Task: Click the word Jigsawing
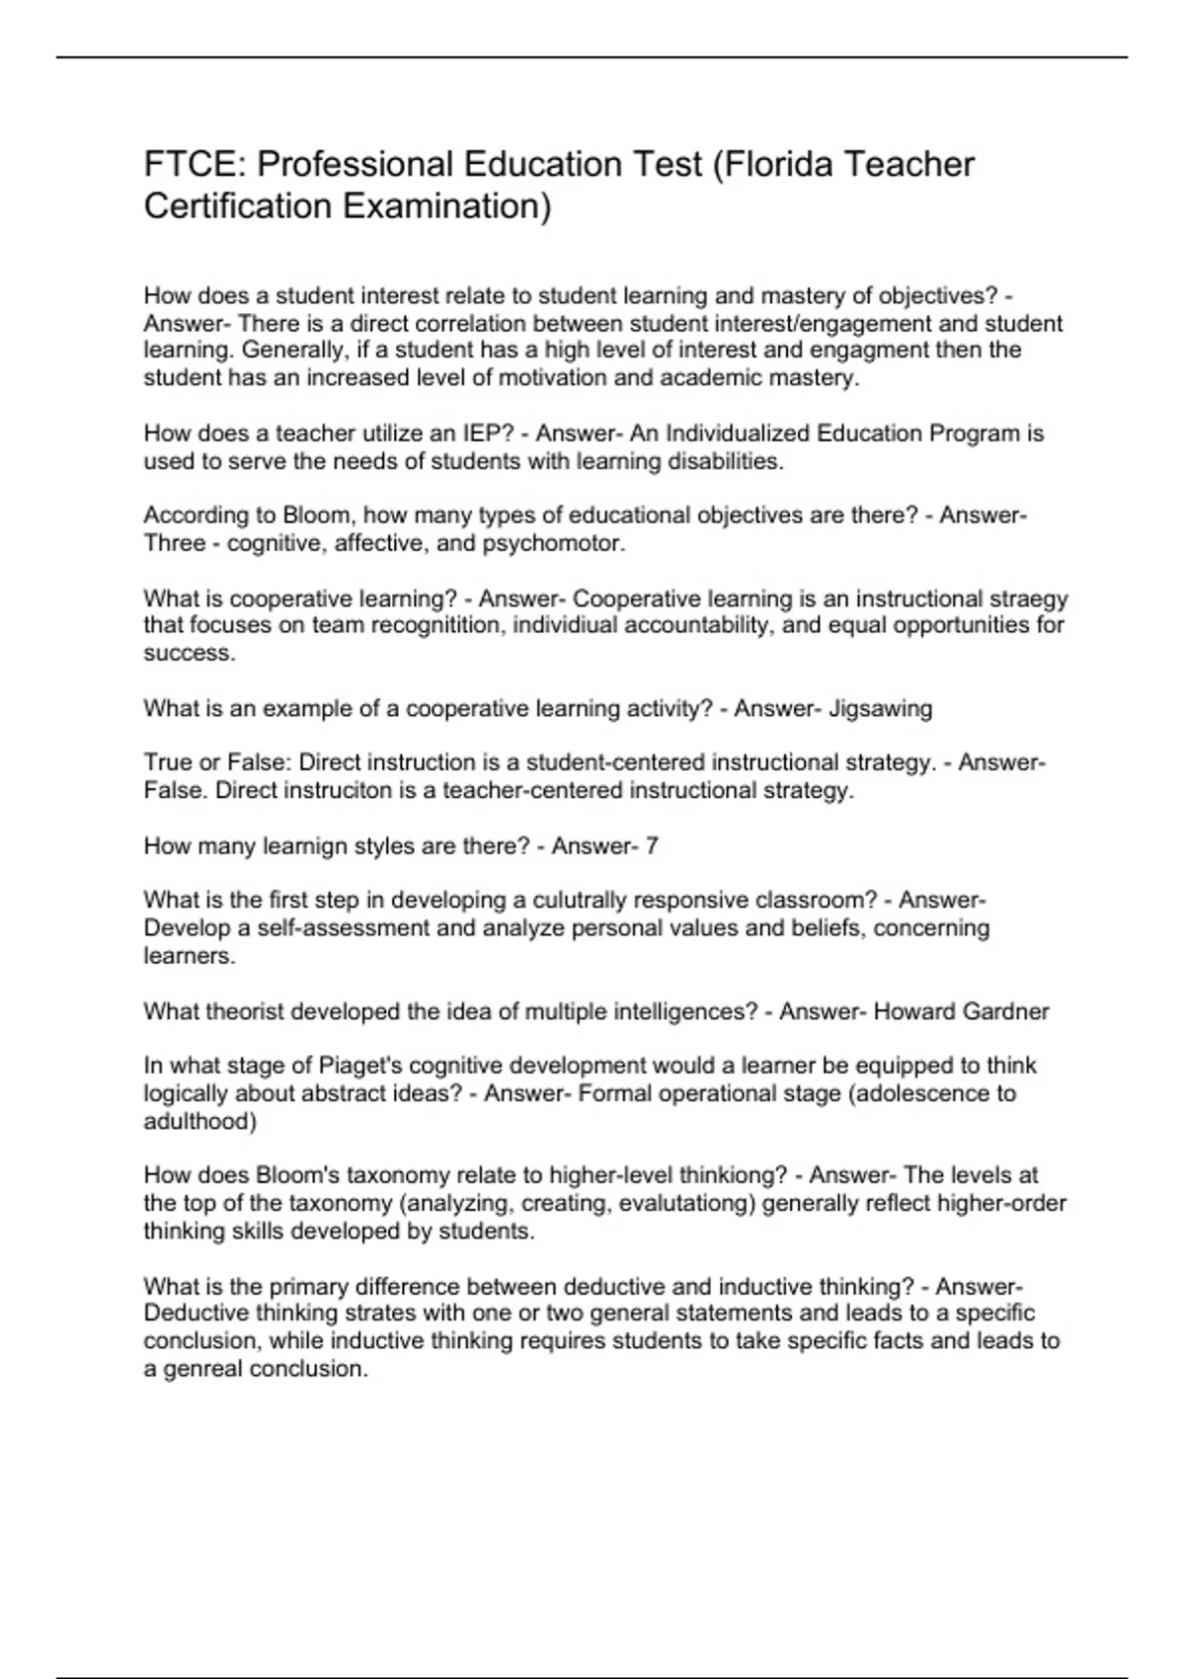pos(880,708)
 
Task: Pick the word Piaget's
pos(359,1066)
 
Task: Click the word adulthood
pos(199,1121)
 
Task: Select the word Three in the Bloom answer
pos(175,543)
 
